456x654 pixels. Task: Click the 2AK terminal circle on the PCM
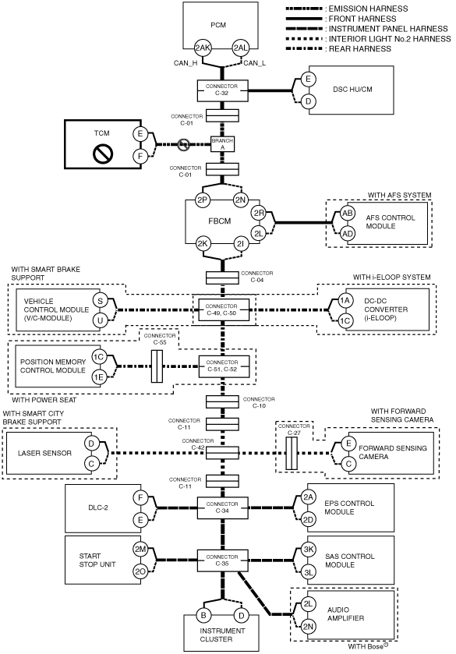pyautogui.click(x=203, y=48)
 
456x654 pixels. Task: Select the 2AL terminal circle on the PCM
pyautogui.click(x=240, y=48)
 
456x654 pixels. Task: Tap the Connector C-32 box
pyautogui.click(x=222, y=90)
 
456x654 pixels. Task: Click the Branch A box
pyautogui.click(x=222, y=144)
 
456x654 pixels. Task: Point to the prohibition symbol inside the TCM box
pyautogui.click(x=103, y=154)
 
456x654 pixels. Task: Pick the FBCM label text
pyautogui.click(x=220, y=221)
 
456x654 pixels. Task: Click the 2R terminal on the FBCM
pyautogui.click(x=259, y=214)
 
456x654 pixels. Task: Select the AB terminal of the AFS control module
pyautogui.click(x=347, y=213)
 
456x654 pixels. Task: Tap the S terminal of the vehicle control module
pyautogui.click(x=100, y=301)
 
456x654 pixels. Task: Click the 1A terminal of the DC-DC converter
pyautogui.click(x=345, y=301)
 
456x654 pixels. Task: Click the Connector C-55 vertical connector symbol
pyautogui.click(x=157, y=366)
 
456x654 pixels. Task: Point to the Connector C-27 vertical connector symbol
pyautogui.click(x=292, y=454)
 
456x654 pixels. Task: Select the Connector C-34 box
pyautogui.click(x=222, y=507)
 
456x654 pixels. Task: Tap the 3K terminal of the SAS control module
pyautogui.click(x=309, y=550)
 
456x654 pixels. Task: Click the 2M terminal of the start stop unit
pyautogui.click(x=140, y=550)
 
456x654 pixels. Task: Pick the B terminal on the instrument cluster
pyautogui.click(x=203, y=615)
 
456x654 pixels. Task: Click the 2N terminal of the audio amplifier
pyautogui.click(x=308, y=627)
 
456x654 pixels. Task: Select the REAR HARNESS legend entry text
pyautogui.click(x=360, y=49)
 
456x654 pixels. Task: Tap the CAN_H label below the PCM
pyautogui.click(x=186, y=63)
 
